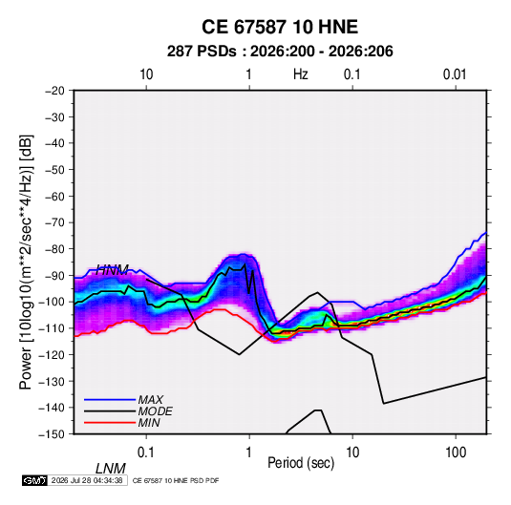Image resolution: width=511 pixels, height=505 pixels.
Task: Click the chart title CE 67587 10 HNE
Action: (280, 27)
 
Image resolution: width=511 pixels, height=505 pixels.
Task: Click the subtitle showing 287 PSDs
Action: (280, 52)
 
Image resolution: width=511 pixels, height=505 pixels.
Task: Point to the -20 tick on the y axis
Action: (54, 91)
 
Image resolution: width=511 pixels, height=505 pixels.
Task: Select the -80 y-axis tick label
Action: (54, 249)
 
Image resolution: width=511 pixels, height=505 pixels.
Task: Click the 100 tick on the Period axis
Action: (456, 452)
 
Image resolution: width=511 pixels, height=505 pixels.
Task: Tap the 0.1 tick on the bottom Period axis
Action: (146, 452)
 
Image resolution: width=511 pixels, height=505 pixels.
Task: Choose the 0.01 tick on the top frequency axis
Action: (455, 74)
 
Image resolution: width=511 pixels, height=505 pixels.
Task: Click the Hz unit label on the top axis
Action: (301, 74)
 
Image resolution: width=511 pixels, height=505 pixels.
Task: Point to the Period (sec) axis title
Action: (301, 463)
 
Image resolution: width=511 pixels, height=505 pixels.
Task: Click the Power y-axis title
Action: (26, 263)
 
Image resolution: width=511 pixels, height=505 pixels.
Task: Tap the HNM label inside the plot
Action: (113, 270)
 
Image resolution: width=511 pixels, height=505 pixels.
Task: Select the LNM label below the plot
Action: (111, 469)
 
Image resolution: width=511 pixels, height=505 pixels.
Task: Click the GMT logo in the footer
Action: (35, 480)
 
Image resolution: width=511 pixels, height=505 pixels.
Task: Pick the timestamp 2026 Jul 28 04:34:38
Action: (87, 480)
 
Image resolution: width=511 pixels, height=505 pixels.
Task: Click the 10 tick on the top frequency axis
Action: (146, 74)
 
